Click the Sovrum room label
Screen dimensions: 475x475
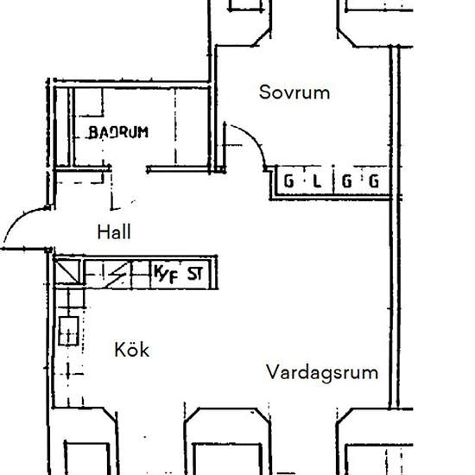294,92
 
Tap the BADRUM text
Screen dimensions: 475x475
118,132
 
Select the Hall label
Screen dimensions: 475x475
115,231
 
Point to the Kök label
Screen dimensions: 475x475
132,350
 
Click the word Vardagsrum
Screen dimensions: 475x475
322,373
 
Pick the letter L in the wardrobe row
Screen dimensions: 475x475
317,182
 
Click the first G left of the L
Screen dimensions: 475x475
288,182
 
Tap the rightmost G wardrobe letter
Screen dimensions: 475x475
374,182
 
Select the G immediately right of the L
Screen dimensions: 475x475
345,182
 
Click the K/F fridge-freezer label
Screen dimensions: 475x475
166,275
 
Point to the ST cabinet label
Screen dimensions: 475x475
196,275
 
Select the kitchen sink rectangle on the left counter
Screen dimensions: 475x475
67,331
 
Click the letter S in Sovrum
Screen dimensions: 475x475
265,92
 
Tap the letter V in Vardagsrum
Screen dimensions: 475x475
271,373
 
